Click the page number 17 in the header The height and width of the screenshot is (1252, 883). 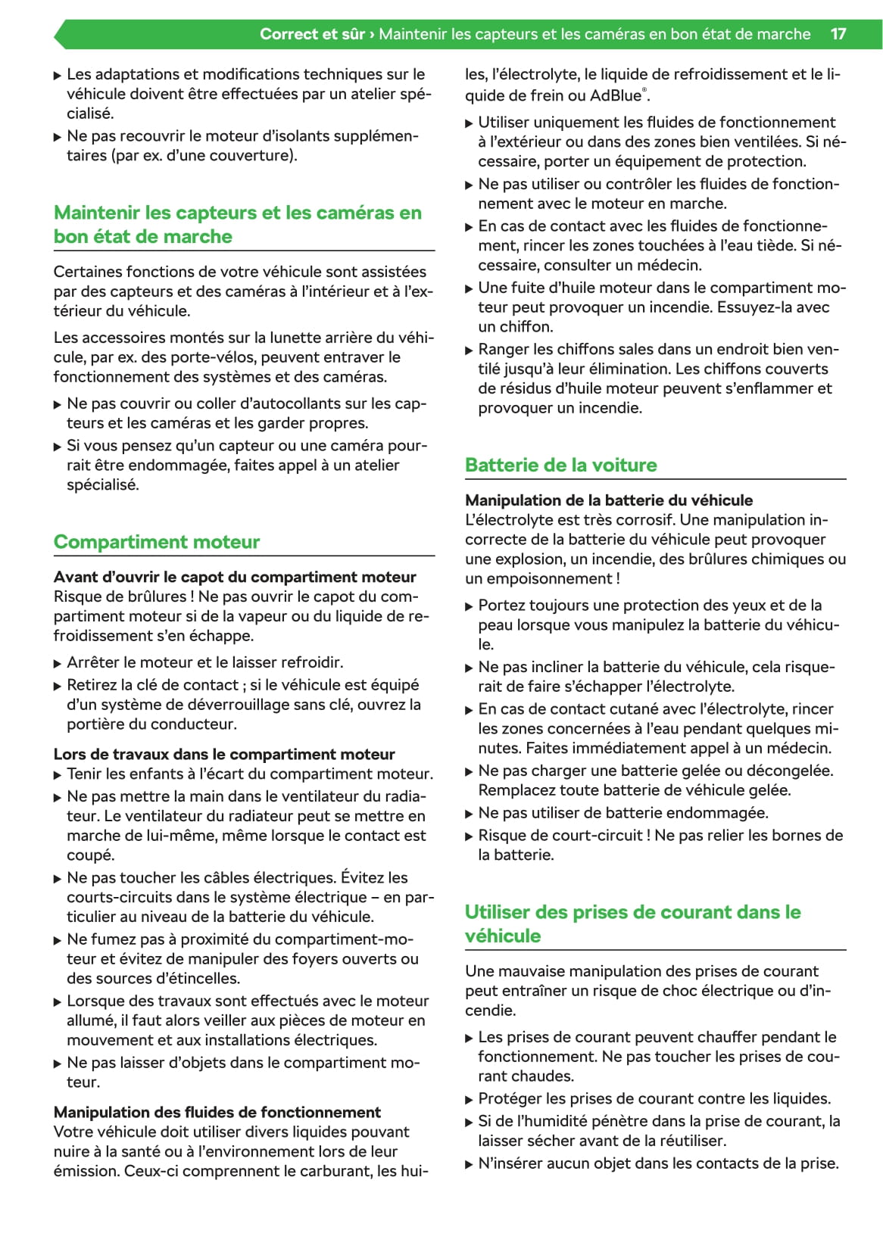pyautogui.click(x=838, y=34)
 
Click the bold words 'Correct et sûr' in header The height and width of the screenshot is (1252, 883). pyautogui.click(x=312, y=34)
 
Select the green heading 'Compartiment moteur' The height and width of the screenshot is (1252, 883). pyautogui.click(x=157, y=542)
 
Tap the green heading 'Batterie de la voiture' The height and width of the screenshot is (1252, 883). pyautogui.click(x=561, y=465)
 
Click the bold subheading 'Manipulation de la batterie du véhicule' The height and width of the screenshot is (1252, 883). pyautogui.click(x=609, y=500)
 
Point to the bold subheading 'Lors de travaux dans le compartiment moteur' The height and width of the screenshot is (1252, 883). pyautogui.click(x=224, y=754)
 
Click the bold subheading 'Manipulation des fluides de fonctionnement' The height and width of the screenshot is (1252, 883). pyautogui.click(x=217, y=1112)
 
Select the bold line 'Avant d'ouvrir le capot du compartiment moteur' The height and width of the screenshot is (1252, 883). pyautogui.click(x=235, y=577)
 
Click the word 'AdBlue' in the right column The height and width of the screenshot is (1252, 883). pyautogui.click(x=616, y=96)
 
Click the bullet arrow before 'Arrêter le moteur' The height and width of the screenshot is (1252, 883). pyautogui.click(x=58, y=664)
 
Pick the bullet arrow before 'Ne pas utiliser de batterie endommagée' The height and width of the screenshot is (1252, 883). pyautogui.click(x=470, y=814)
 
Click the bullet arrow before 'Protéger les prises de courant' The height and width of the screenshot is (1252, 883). pyautogui.click(x=470, y=1100)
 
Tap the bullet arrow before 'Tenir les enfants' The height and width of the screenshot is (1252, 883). pyautogui.click(x=58, y=775)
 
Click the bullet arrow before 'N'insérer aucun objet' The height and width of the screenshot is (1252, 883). pyautogui.click(x=470, y=1164)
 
